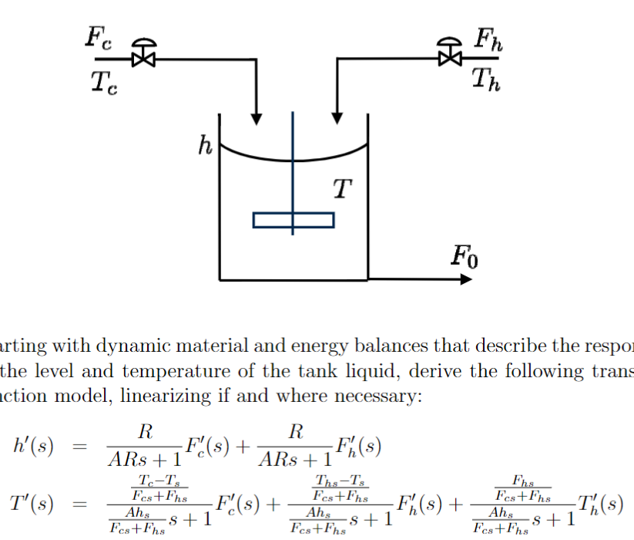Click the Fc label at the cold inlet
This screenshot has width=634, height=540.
[x=99, y=39]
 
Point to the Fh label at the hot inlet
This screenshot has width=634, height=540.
[x=488, y=39]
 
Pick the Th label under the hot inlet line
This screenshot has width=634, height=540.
[x=485, y=79]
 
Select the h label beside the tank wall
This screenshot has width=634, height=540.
[x=205, y=144]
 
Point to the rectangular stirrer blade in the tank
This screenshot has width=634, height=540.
[x=294, y=220]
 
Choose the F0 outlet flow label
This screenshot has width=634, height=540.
[x=465, y=256]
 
